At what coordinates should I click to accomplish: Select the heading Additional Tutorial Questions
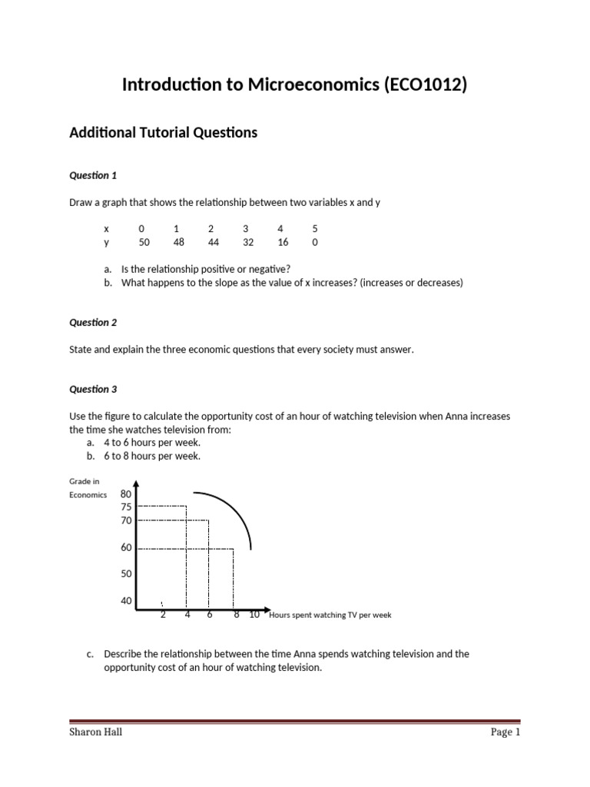163,133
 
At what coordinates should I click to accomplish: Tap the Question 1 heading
93,175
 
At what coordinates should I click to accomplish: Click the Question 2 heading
93,323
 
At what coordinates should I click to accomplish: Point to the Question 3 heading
93,390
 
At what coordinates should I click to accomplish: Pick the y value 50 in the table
144,242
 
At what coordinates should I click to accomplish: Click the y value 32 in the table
246,242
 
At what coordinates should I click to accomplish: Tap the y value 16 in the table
280,242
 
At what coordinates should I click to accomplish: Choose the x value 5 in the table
315,228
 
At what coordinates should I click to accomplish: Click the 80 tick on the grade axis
127,494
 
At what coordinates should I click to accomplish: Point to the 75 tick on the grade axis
127,507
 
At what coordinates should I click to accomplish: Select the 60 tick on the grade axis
127,548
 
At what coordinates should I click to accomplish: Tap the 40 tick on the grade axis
127,601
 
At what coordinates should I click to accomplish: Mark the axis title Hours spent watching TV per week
330,616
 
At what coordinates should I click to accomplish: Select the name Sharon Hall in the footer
96,732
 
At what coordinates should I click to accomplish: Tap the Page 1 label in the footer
505,732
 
